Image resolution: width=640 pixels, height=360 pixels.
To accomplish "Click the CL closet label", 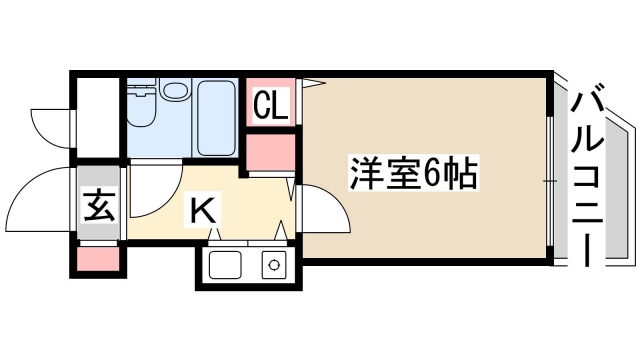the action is click(271, 105).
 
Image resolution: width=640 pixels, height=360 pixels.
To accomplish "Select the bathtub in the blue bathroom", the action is click(217, 118).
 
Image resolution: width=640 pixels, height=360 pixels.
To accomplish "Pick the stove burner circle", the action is click(273, 266).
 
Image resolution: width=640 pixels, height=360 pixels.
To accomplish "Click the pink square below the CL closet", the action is click(271, 150).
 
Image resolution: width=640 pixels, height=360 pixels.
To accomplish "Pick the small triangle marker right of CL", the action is click(313, 82).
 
